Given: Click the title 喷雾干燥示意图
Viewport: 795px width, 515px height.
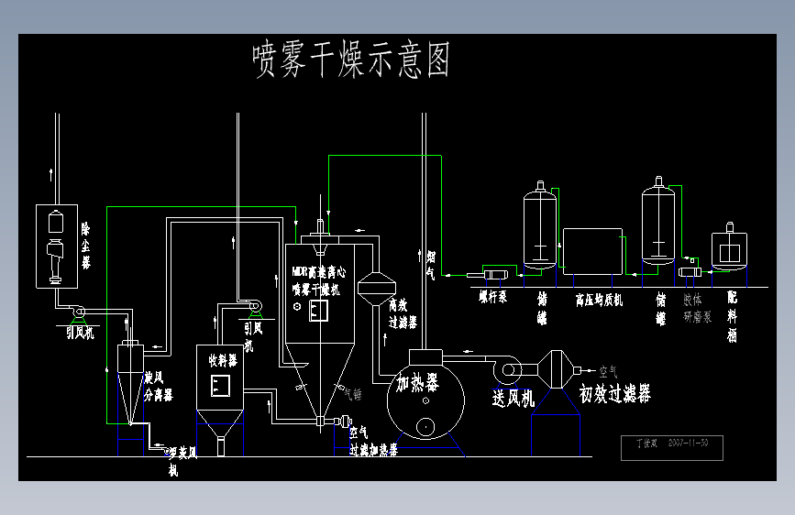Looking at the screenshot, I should (351, 61).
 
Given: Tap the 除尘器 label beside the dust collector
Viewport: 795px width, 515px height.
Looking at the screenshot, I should (86, 245).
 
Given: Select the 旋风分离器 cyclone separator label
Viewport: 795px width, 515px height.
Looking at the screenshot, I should (159, 387).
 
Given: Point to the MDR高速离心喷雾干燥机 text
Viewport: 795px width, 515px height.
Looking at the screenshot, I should (319, 280).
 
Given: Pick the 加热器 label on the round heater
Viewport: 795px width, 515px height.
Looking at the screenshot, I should (416, 381).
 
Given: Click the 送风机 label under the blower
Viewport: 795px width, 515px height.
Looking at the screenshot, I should (513, 397).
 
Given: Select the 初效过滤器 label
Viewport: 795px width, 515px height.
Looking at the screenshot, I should (615, 393).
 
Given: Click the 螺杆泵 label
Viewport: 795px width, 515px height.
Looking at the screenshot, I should (491, 297).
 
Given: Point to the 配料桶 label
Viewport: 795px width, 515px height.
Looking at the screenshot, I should (732, 317).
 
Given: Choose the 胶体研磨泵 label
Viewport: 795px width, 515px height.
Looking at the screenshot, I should (697, 307).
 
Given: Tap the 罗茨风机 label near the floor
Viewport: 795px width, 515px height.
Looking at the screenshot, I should (172, 461).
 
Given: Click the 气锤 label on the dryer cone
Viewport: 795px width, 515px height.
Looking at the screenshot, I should (352, 394).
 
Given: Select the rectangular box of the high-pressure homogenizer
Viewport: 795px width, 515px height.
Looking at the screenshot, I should (592, 251).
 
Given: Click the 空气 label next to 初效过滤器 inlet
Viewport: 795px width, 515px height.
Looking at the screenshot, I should (608, 371).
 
